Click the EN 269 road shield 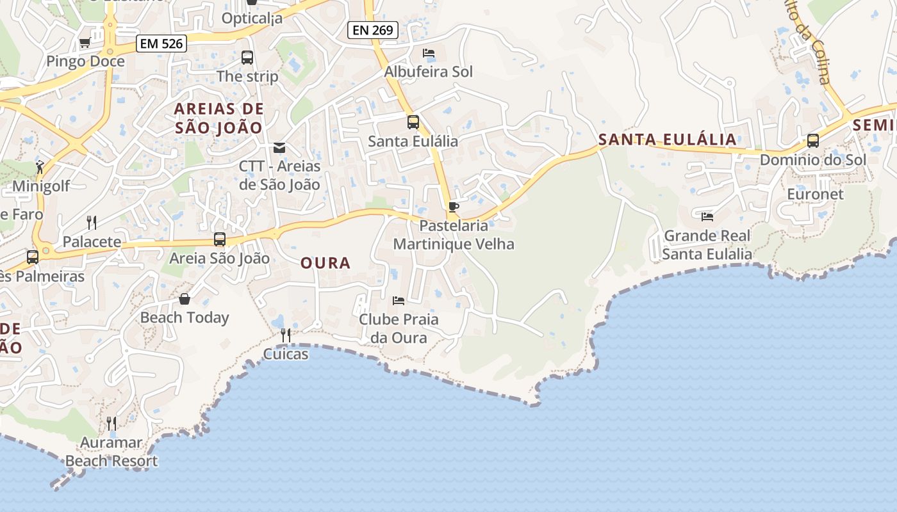[x=374, y=29]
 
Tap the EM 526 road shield [x=161, y=44]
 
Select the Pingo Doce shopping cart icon [x=85, y=43]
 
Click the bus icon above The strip [x=247, y=58]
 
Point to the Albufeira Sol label [x=428, y=72]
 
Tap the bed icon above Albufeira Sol [x=429, y=53]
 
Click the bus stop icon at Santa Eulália [x=413, y=122]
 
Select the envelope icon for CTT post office [x=279, y=148]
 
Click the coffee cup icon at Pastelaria [x=454, y=207]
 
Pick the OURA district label [x=325, y=263]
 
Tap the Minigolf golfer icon [x=40, y=168]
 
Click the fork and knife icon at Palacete [x=92, y=223]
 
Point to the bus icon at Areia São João [x=220, y=239]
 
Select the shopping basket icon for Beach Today [x=185, y=299]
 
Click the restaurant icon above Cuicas [x=286, y=335]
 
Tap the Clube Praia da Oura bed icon [x=399, y=300]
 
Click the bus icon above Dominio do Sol [x=813, y=141]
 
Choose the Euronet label [x=815, y=194]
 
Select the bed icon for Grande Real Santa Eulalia [x=707, y=217]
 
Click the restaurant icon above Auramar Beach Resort [x=111, y=423]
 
